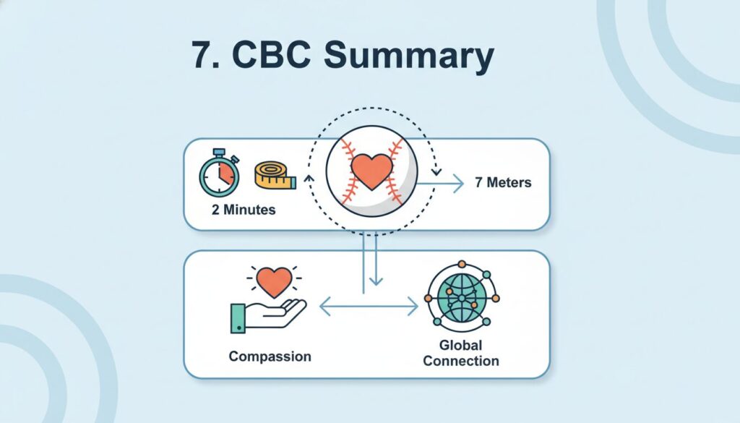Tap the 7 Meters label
(503, 182)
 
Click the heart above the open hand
(275, 282)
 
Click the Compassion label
(270, 356)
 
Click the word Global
(460, 345)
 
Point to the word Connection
(460, 360)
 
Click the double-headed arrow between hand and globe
(369, 307)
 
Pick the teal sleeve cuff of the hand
(236, 318)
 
